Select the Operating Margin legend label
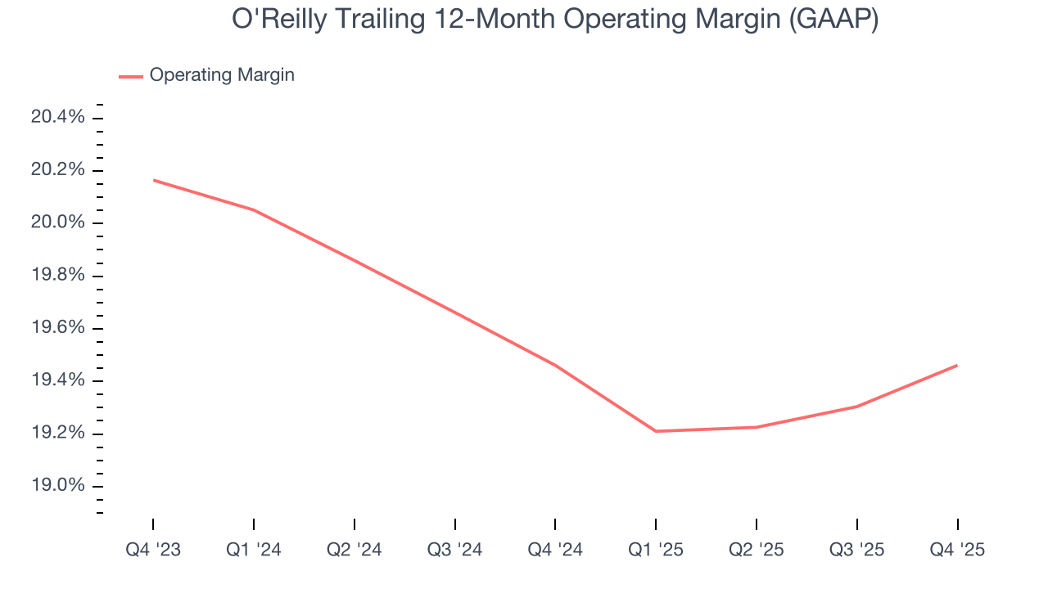coord(222,75)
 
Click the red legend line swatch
coord(131,76)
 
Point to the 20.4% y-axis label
coord(57,117)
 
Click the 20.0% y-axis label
coord(57,223)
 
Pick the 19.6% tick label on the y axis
coord(57,328)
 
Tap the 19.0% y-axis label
coord(57,486)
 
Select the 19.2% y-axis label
coord(57,434)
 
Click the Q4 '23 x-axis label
coord(153,550)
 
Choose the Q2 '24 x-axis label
coord(355,550)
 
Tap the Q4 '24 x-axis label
coord(555,550)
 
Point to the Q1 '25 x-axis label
coord(656,550)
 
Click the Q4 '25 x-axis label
coord(957,550)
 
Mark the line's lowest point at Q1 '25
coord(656,431)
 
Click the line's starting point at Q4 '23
coord(153,180)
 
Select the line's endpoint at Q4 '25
coord(957,365)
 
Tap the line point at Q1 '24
coord(254,210)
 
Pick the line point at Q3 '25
coord(856,407)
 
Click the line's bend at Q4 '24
coord(555,365)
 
